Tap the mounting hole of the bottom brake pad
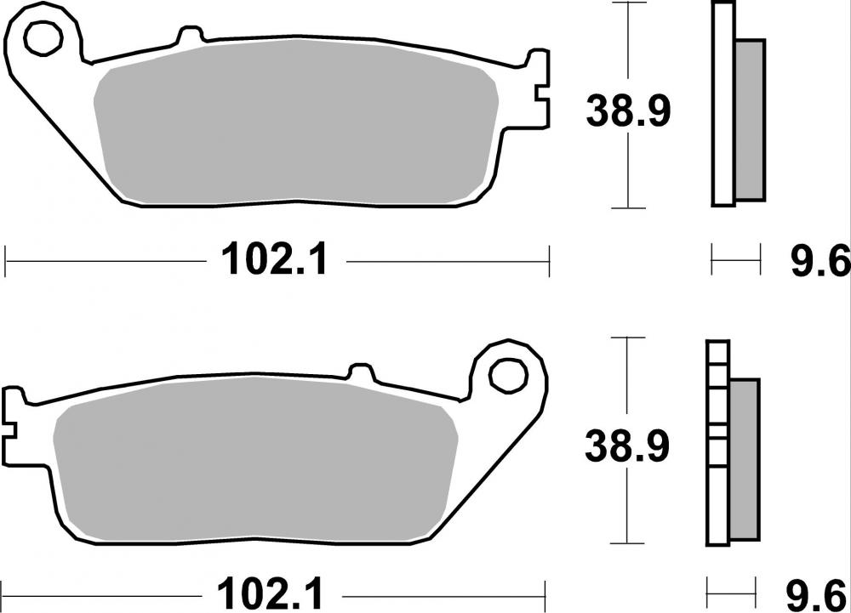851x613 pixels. coord(508,373)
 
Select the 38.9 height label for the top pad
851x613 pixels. coord(628,111)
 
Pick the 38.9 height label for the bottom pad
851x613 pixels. coord(628,446)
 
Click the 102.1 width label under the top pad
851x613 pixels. coord(274,260)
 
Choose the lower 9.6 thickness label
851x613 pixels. coord(820,593)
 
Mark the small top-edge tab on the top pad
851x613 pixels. coord(190,36)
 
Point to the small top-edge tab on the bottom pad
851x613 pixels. coord(361,372)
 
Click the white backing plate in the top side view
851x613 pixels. coord(722,102)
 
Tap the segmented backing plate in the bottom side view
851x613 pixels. coord(717,442)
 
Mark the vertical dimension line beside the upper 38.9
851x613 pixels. coord(628,51)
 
